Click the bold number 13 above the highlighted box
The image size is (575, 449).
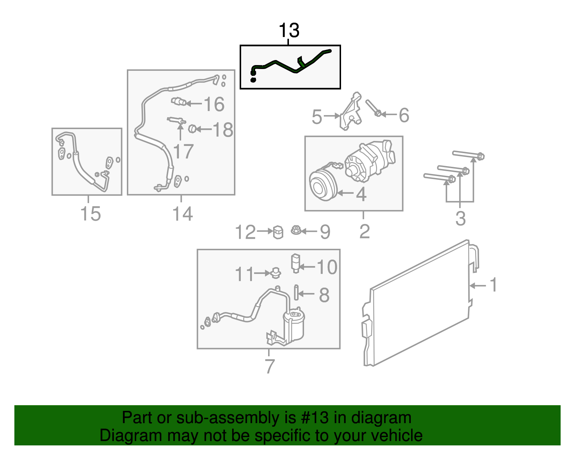tap(289, 31)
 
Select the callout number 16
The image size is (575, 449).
tap(214, 104)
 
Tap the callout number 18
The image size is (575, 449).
tap(223, 130)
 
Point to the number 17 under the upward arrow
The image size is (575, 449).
tap(183, 151)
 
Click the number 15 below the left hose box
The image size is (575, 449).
tap(91, 214)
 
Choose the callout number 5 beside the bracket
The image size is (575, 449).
tap(317, 117)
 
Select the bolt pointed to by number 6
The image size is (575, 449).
tap(373, 108)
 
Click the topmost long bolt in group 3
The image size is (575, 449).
tap(468, 155)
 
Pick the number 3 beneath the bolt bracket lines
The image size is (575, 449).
tap(460, 219)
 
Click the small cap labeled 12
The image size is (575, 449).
tap(278, 232)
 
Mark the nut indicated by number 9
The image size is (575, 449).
tap(296, 230)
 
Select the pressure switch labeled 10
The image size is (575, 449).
tap(295, 263)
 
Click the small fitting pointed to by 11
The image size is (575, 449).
tap(276, 273)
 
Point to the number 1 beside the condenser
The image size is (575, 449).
tap(494, 285)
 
